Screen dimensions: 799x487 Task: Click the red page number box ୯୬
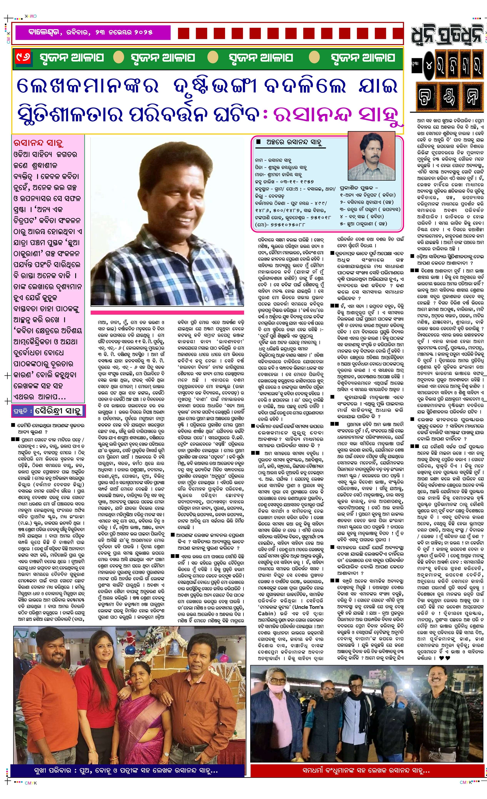(24, 58)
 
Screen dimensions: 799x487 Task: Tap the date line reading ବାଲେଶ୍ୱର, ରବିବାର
(91, 32)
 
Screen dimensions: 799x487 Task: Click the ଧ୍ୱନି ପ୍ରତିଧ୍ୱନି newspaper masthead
(447, 35)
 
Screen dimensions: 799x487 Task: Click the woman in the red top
(97, 697)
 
